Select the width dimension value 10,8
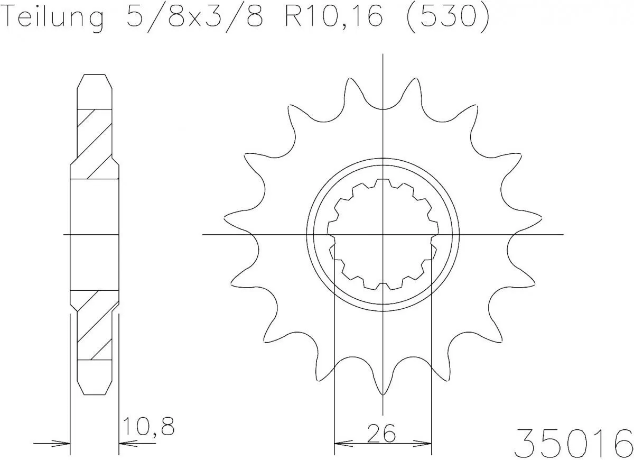[x=148, y=426]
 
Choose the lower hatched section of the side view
[x=95, y=325]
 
